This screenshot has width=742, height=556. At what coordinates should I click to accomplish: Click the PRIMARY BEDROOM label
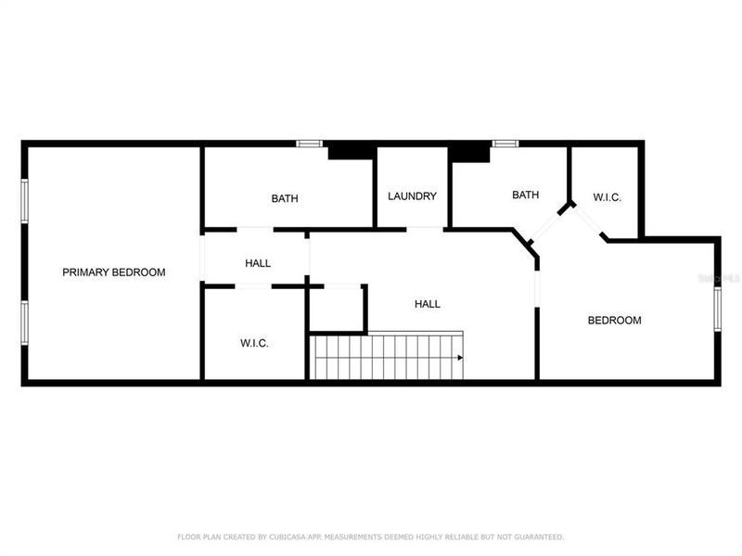113,272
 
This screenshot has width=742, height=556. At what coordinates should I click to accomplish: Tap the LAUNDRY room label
412,196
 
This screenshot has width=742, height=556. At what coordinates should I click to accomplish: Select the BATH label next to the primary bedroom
285,198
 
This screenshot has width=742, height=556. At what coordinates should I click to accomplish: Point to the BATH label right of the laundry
526,196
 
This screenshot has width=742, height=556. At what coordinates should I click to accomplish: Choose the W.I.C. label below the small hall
254,344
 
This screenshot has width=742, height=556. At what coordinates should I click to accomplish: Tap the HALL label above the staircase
427,304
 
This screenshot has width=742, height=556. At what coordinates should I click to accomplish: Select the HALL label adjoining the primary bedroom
258,264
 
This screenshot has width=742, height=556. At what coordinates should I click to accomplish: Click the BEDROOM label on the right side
614,321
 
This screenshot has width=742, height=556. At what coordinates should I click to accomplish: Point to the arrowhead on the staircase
459,357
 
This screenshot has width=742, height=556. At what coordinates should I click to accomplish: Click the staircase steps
385,358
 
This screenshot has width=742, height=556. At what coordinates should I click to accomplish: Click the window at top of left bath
309,144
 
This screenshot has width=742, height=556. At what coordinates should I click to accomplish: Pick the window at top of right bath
505,144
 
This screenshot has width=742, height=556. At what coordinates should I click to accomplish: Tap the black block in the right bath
468,153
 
